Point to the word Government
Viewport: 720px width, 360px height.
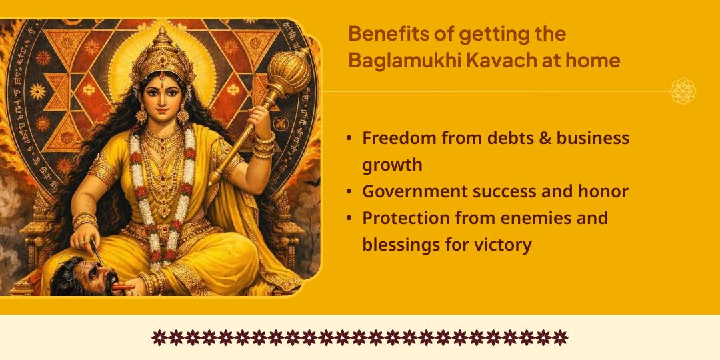(413, 191)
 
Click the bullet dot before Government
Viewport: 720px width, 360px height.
(349, 192)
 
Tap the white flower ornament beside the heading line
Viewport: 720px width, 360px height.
(683, 91)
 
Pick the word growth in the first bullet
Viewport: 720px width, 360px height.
(392, 165)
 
